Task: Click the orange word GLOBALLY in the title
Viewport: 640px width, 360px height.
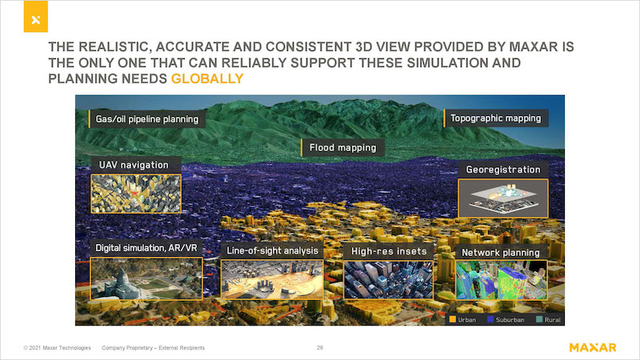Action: (x=207, y=78)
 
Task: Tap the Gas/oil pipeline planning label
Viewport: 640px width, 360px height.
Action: (x=147, y=119)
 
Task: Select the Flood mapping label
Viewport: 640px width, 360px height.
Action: (x=342, y=147)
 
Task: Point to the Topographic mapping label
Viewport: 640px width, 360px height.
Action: (x=495, y=118)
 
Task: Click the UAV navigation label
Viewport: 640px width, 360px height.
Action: (x=134, y=165)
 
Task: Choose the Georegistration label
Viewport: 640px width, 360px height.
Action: (x=503, y=170)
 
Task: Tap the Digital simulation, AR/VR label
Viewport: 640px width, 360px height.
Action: (x=146, y=248)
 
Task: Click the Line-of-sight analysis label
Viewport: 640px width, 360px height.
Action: (x=272, y=250)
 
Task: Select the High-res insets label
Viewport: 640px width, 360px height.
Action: (x=389, y=251)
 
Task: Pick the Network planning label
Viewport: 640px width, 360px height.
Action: (x=501, y=253)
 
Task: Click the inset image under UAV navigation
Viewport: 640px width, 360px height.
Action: (x=136, y=194)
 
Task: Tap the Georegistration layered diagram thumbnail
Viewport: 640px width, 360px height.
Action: (x=503, y=198)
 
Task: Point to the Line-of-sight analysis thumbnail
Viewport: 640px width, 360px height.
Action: (x=272, y=279)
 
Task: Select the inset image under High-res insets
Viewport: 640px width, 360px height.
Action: (x=389, y=280)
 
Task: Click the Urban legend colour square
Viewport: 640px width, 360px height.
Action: (x=452, y=319)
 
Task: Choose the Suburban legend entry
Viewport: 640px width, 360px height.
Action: (x=506, y=319)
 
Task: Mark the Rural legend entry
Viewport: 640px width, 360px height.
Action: (x=548, y=319)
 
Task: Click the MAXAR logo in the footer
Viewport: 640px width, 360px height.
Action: (x=593, y=348)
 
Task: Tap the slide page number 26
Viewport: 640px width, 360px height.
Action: (x=320, y=348)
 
